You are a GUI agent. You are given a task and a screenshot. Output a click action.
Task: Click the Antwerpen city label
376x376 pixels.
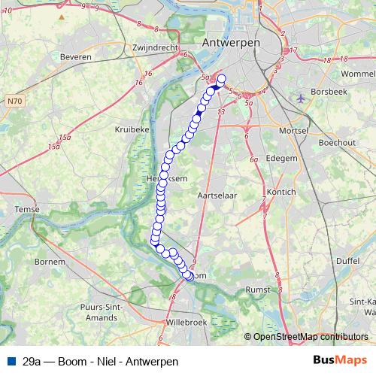click(231, 44)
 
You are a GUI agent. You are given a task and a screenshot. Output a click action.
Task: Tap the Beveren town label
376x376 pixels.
click(75, 57)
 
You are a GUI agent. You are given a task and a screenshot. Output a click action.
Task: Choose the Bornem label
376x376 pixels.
click(50, 262)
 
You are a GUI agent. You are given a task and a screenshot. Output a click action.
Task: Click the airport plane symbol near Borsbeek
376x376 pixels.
click(302, 99)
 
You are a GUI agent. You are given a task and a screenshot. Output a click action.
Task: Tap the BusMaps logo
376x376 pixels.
click(340, 361)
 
